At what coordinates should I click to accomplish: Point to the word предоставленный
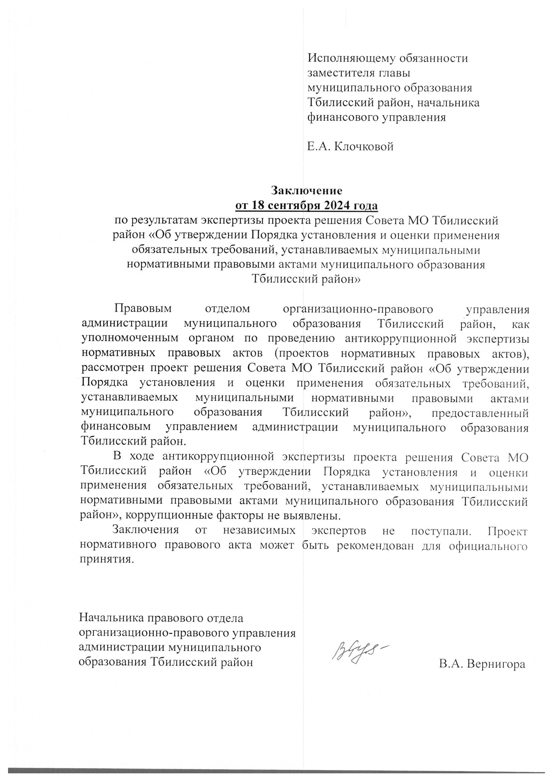(480, 413)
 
